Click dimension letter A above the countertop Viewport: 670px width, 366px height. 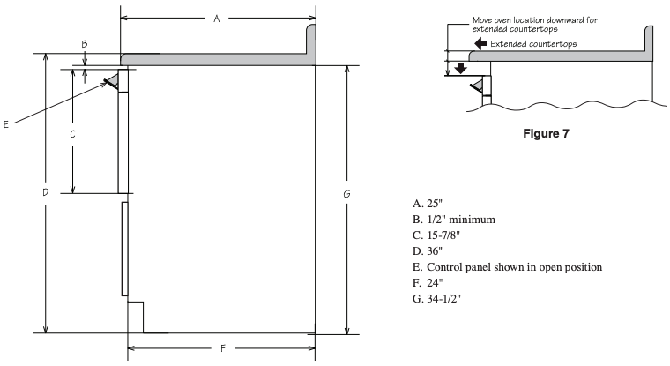tap(217, 19)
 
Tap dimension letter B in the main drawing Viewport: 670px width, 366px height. tap(85, 44)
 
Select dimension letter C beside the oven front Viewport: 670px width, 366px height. tap(72, 134)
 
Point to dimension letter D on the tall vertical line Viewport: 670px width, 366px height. tap(45, 192)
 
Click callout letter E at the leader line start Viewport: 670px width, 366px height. tap(5, 124)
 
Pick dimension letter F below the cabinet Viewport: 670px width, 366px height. tap(223, 349)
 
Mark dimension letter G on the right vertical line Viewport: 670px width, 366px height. tap(346, 194)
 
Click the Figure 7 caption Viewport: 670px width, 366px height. tap(546, 134)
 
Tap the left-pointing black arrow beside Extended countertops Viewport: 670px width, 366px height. tap(480, 43)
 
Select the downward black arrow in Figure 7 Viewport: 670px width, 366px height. tap(460, 68)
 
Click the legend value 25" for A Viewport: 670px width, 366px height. tap(435, 204)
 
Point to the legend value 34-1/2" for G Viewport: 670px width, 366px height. tap(444, 298)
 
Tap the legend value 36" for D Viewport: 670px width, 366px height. tap(435, 251)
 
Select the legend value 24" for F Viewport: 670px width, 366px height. tap(435, 282)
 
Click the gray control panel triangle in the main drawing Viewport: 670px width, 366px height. tap(112, 80)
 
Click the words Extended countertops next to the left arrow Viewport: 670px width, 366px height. tap(533, 43)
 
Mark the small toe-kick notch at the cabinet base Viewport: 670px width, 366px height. tap(136, 317)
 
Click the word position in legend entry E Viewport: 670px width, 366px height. tap(584, 267)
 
